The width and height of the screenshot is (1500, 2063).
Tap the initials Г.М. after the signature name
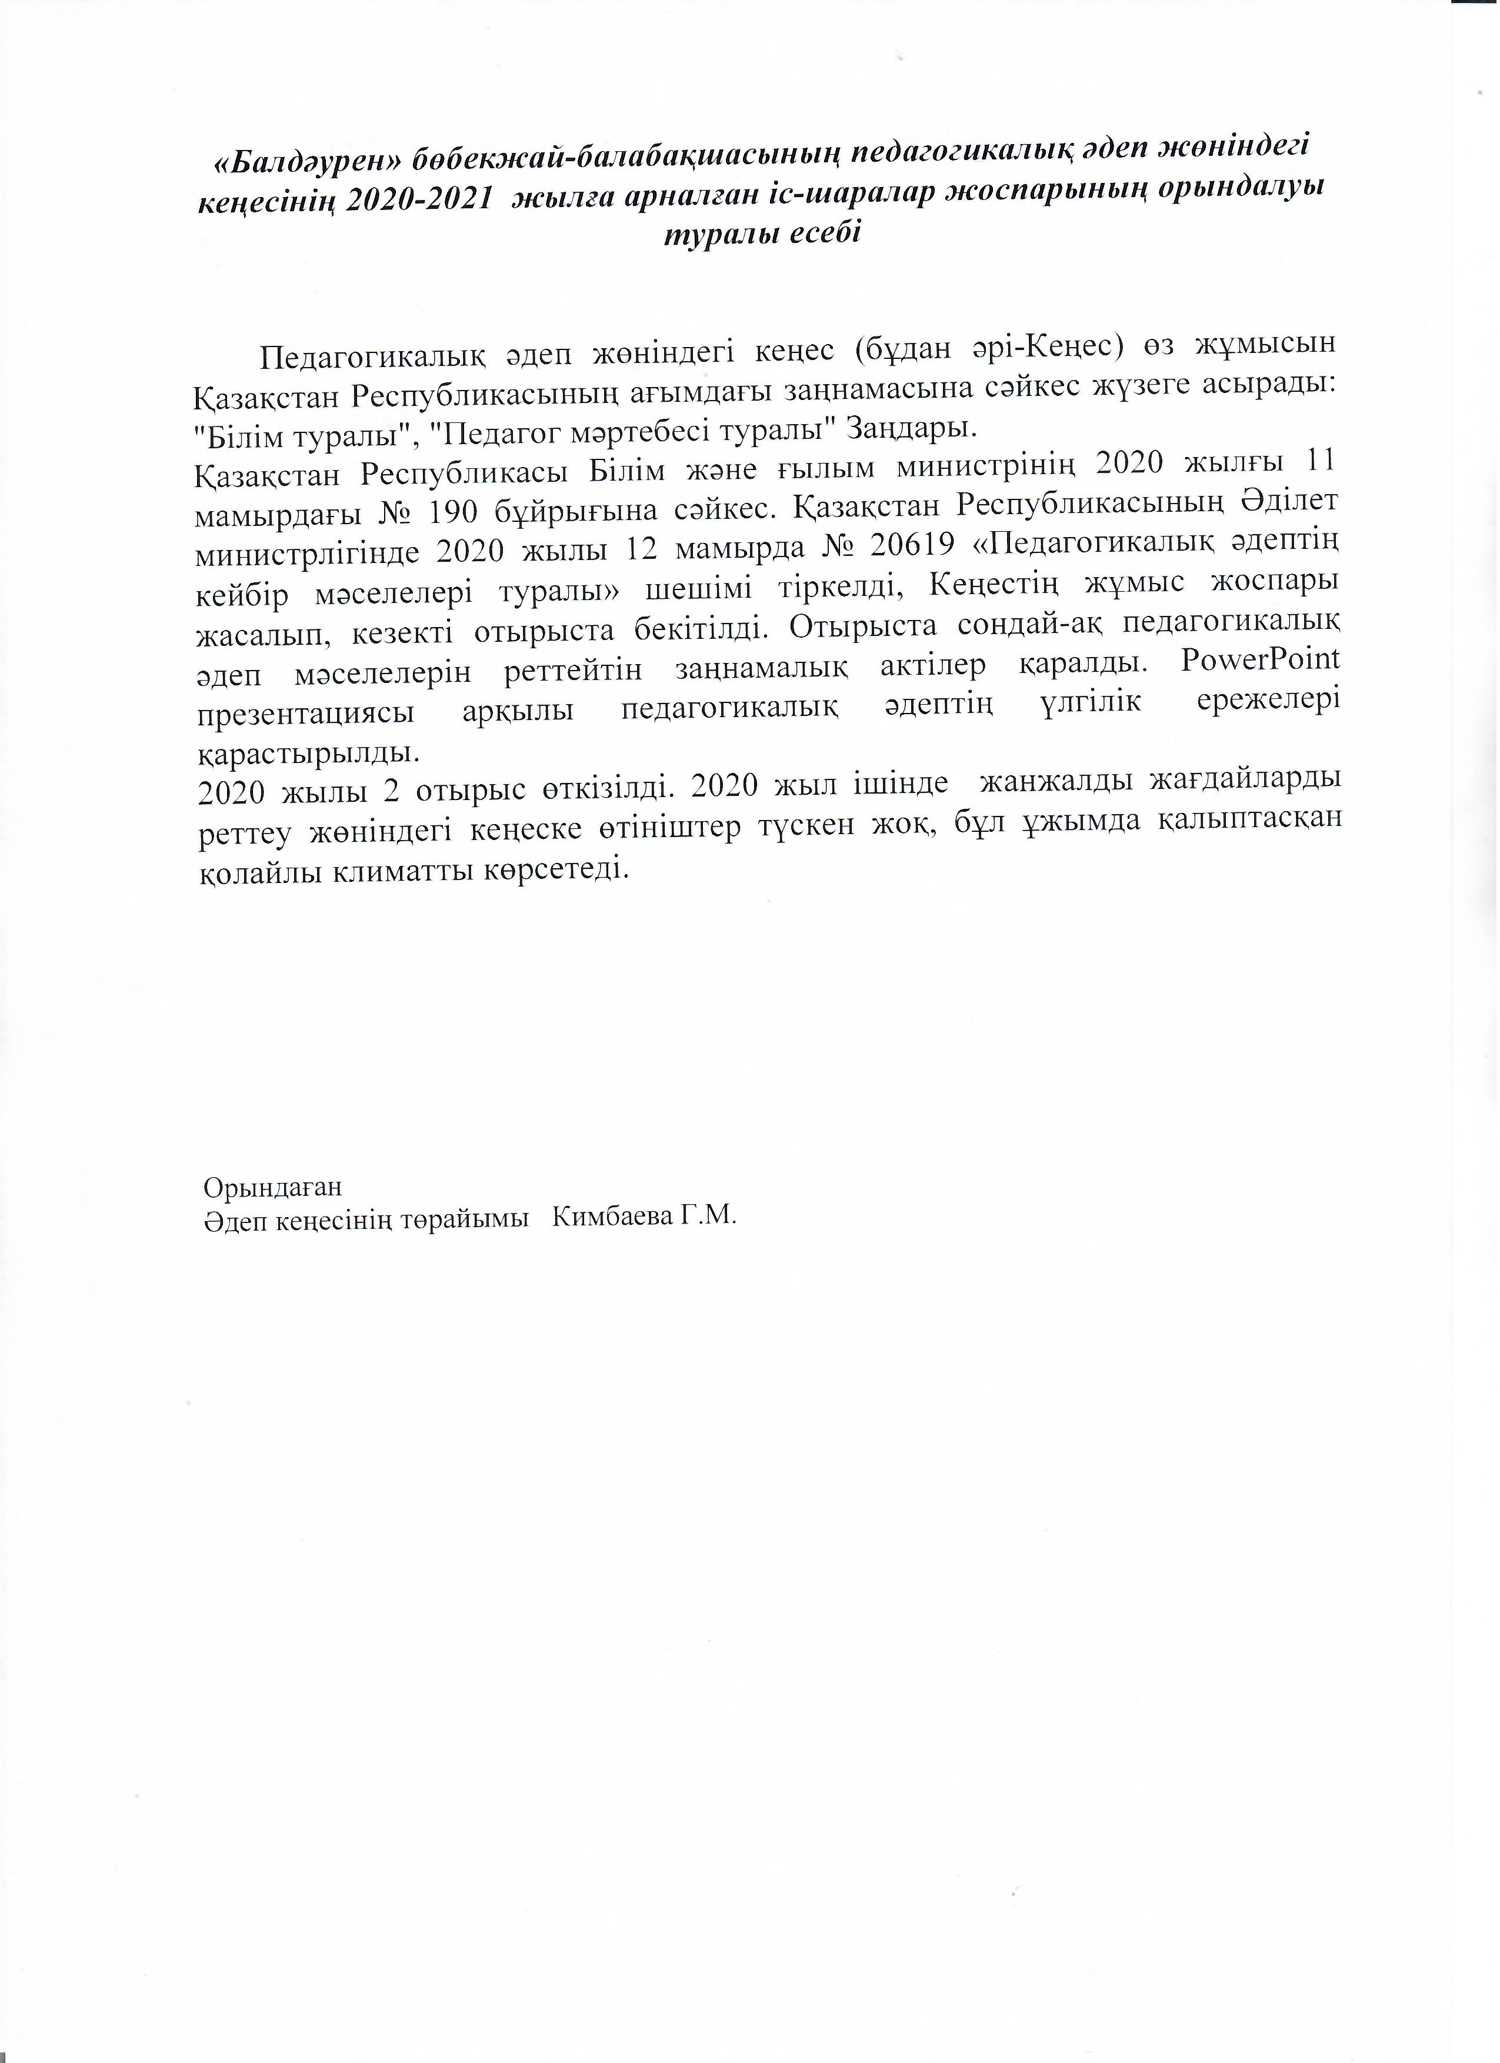coord(708,1217)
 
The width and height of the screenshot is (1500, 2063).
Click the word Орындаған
coord(273,1187)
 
